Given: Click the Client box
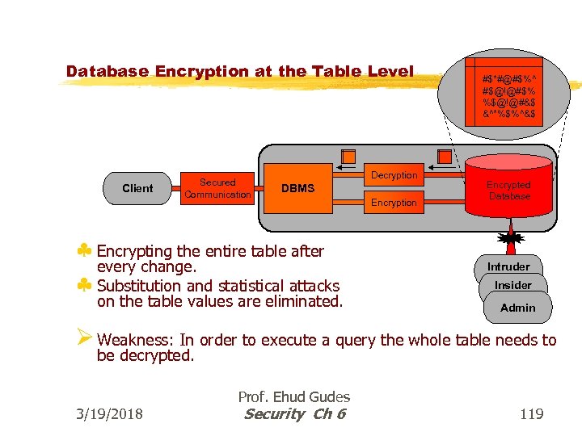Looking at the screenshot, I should click(x=137, y=188).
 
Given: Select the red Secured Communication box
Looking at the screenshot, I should click(x=217, y=188).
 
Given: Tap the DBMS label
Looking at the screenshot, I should click(x=297, y=188).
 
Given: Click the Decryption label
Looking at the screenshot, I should click(x=394, y=175).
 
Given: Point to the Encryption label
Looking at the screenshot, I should click(x=394, y=203).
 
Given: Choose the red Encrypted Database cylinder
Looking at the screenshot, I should click(x=508, y=190).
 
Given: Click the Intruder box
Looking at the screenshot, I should click(x=508, y=266).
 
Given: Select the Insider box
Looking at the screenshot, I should click(x=513, y=285).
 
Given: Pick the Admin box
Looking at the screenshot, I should click(x=517, y=307).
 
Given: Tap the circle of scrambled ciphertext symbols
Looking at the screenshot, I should click(x=509, y=93).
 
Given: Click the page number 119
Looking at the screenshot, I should click(x=531, y=414).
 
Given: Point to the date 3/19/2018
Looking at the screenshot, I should click(x=108, y=414).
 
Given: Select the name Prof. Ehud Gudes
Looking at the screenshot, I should click(x=293, y=396).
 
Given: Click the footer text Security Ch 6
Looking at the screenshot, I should click(x=294, y=414).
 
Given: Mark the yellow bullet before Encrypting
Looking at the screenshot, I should click(x=84, y=251).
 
